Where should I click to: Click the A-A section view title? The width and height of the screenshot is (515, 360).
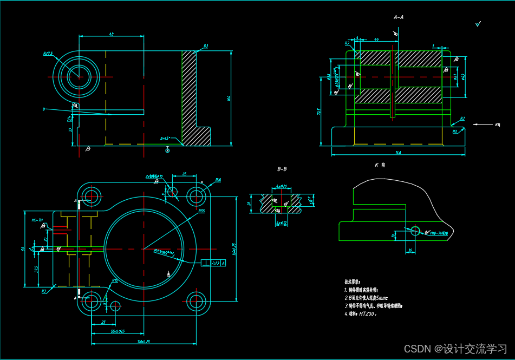399,17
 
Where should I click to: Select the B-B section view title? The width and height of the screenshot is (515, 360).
282,169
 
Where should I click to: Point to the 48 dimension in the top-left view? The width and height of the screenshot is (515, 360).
111,34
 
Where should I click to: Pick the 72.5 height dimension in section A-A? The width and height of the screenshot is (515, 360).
320,112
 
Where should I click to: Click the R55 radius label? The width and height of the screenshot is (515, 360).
201,211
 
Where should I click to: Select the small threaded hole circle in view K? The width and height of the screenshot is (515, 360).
415,231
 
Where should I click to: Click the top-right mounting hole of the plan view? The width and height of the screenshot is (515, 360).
195,195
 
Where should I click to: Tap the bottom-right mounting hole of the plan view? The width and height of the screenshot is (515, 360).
195,302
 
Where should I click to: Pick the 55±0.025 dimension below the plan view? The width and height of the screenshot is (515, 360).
118,330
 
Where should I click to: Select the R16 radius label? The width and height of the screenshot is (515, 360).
218,180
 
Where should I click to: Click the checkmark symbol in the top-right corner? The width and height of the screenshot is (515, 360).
478,24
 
